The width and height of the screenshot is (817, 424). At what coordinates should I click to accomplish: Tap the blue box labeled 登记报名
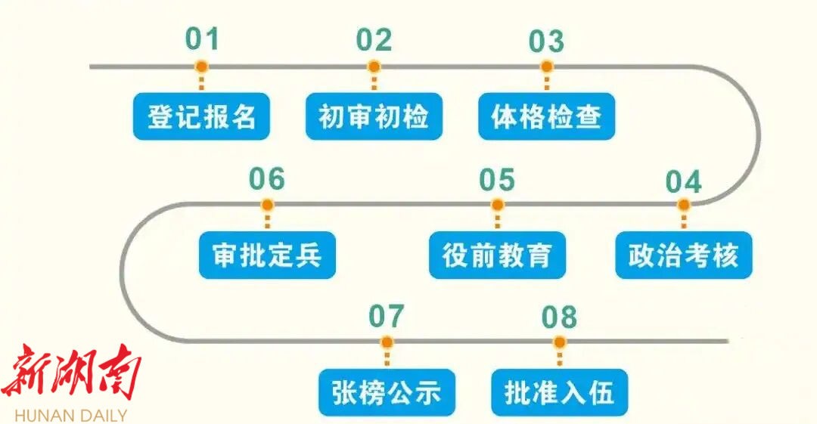[201, 117]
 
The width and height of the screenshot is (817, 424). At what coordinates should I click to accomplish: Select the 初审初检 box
[374, 117]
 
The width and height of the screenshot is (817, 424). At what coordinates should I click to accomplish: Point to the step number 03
[546, 41]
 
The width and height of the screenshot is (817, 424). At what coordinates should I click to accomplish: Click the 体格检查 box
[546, 117]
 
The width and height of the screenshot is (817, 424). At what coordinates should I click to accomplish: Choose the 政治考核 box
[683, 255]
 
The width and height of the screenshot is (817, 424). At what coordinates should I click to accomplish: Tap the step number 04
[683, 181]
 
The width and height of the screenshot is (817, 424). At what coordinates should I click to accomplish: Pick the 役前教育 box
[497, 255]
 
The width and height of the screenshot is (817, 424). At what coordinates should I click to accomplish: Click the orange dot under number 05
[497, 205]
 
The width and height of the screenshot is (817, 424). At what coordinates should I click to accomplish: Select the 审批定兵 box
[267, 255]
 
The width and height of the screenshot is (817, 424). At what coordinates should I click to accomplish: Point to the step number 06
[267, 180]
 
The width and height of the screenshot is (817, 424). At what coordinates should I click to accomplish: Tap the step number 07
[387, 317]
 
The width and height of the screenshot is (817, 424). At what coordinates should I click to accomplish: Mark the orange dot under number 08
[559, 342]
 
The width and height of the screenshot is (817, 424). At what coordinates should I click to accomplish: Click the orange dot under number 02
[374, 67]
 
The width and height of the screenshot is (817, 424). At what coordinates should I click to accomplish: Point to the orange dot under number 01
[201, 67]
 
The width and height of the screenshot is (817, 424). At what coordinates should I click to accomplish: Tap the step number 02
[374, 40]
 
